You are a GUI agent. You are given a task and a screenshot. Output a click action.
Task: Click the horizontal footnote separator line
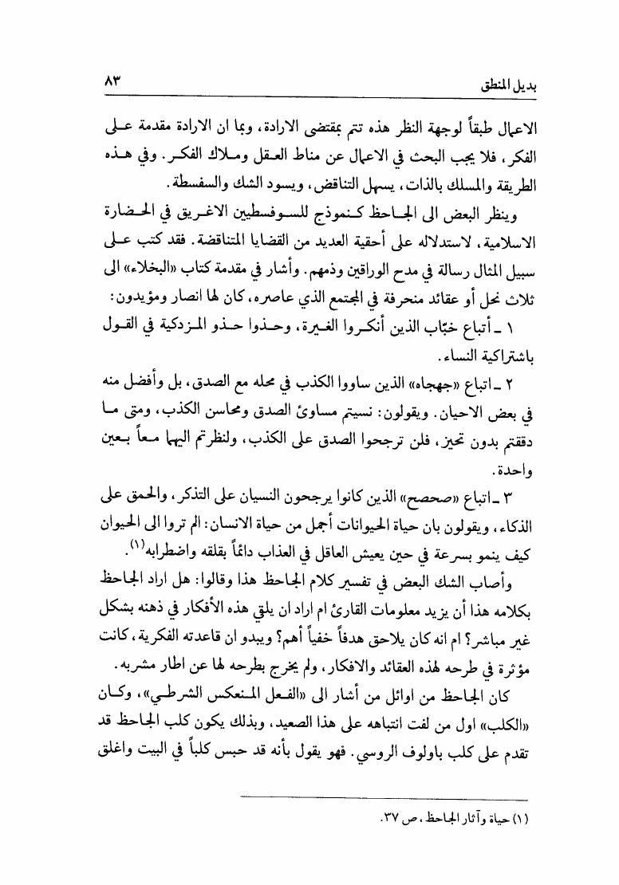point(384,799)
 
